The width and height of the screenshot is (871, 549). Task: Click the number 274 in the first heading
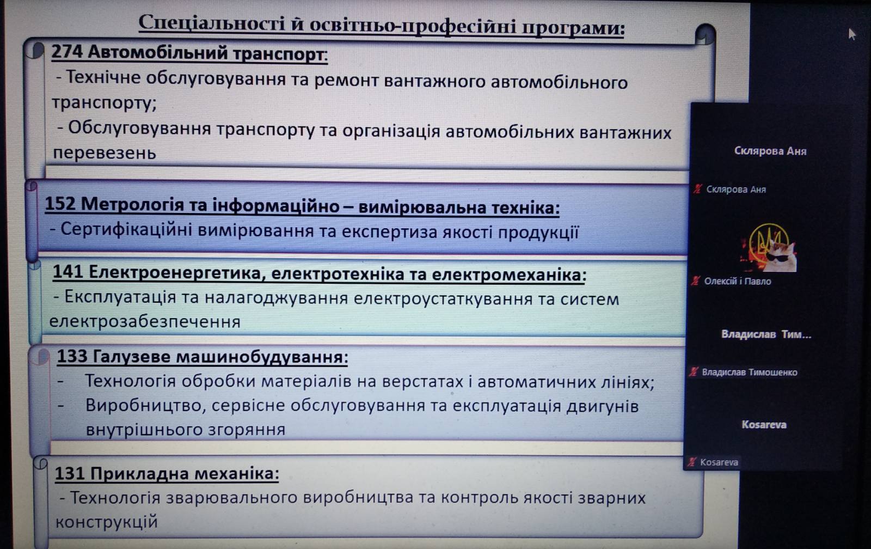click(x=67, y=52)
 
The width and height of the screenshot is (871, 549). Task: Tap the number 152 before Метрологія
click(x=60, y=204)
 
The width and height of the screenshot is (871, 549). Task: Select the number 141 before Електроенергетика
click(x=68, y=272)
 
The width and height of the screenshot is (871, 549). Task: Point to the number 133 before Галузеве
click(x=72, y=356)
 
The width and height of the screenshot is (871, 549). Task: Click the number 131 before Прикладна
click(x=70, y=473)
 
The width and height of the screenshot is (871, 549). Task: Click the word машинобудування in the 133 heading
click(x=262, y=357)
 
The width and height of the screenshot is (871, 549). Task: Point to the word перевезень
click(x=104, y=153)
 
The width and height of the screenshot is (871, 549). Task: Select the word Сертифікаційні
click(x=126, y=229)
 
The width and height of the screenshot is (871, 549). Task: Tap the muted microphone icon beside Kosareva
click(x=691, y=462)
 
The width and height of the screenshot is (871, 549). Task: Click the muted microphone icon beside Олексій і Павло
click(x=696, y=281)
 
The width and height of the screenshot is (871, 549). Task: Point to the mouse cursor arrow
click(x=851, y=34)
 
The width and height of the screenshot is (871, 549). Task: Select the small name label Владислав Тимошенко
click(x=749, y=373)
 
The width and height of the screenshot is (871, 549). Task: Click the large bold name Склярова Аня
click(x=770, y=151)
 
